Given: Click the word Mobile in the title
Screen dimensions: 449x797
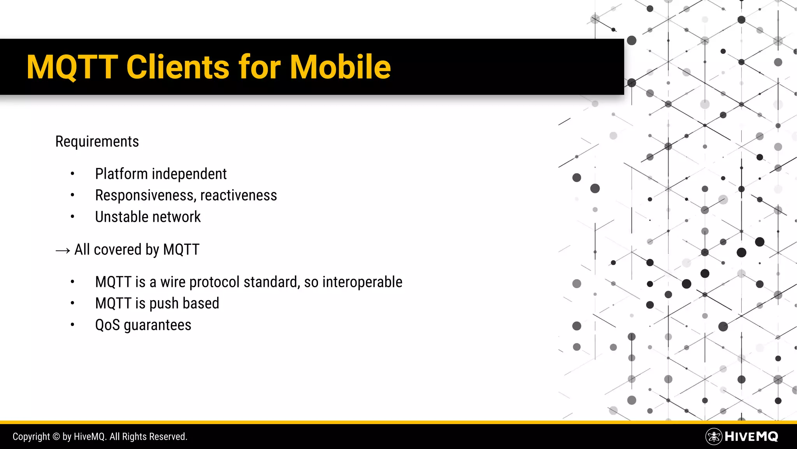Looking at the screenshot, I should (x=340, y=67).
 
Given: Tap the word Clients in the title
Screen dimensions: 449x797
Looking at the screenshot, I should (x=178, y=67).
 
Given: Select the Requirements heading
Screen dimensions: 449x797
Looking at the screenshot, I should (x=97, y=141).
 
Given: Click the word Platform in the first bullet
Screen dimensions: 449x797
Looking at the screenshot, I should (x=121, y=174).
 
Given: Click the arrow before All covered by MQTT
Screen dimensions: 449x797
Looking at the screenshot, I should (x=63, y=250).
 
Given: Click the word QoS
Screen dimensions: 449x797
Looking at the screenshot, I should (x=107, y=325).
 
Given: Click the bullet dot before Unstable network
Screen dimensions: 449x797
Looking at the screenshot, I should (x=72, y=217).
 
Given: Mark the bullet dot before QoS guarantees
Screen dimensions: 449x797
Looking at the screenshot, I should (x=72, y=325).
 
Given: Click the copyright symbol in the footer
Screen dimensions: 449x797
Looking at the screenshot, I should (x=56, y=437).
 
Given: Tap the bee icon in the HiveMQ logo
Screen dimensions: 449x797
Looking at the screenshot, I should (x=714, y=437).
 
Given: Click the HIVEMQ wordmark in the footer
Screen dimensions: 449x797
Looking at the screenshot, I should (x=751, y=437).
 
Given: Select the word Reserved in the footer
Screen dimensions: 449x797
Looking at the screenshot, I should (x=168, y=437).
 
